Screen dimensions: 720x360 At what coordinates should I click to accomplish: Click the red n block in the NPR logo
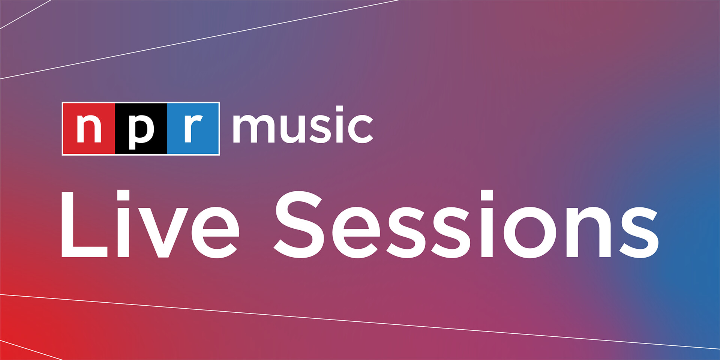89,129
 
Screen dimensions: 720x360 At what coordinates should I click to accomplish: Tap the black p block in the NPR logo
141,129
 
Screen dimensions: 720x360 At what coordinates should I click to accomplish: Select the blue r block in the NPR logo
193,129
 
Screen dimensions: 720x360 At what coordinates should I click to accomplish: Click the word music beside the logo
303,125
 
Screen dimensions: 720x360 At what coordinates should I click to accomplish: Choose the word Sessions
466,224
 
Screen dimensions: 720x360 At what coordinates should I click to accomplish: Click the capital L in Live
84,224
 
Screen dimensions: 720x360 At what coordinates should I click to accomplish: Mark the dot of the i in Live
123,195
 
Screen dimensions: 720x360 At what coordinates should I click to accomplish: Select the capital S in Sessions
298,225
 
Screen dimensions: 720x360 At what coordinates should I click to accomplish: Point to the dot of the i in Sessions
487,195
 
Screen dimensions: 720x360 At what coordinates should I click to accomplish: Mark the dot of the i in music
339,109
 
